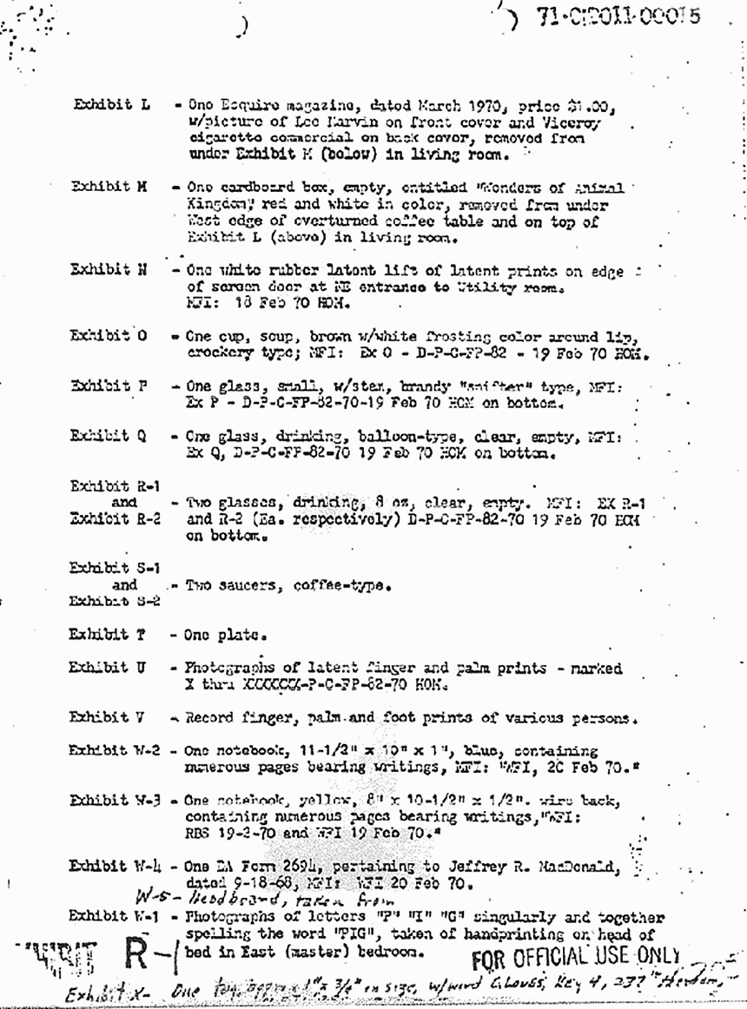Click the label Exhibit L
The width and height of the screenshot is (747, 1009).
point(110,105)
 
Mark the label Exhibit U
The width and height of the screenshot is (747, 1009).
point(109,667)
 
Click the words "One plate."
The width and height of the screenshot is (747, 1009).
point(217,635)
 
